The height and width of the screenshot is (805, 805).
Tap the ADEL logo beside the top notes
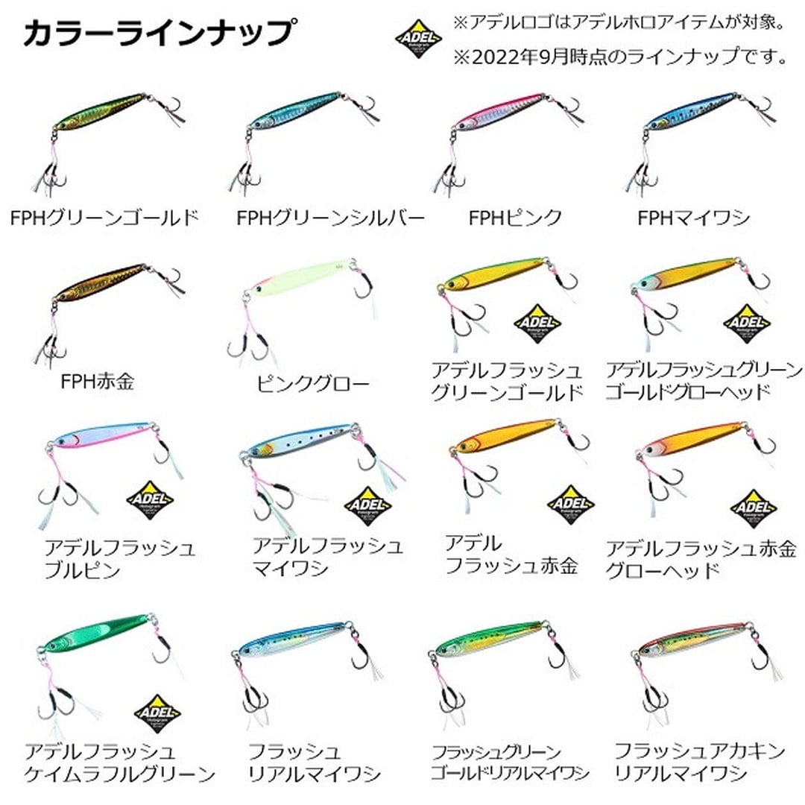418,39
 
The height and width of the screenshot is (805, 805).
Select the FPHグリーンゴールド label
105,218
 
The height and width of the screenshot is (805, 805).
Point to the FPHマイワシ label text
694,218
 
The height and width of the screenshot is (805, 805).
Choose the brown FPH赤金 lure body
100,282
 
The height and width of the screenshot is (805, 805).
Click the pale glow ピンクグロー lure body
300,277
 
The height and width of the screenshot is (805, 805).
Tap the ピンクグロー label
312,383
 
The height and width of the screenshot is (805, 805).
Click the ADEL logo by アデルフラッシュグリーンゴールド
537,323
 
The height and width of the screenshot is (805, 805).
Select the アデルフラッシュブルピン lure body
100,435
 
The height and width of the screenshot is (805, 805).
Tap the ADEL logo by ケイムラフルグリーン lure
157,713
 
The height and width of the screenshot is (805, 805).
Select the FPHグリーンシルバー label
331,218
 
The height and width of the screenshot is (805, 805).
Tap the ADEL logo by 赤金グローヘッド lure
753,508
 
